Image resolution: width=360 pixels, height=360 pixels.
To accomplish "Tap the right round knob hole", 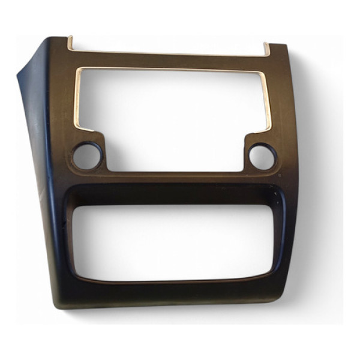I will pos(262,157).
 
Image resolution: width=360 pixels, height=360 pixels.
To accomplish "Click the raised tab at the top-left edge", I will pos(70,43).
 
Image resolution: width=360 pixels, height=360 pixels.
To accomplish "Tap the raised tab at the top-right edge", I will pos(266,48).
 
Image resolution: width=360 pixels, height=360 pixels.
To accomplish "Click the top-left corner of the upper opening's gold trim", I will pos(79,70).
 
